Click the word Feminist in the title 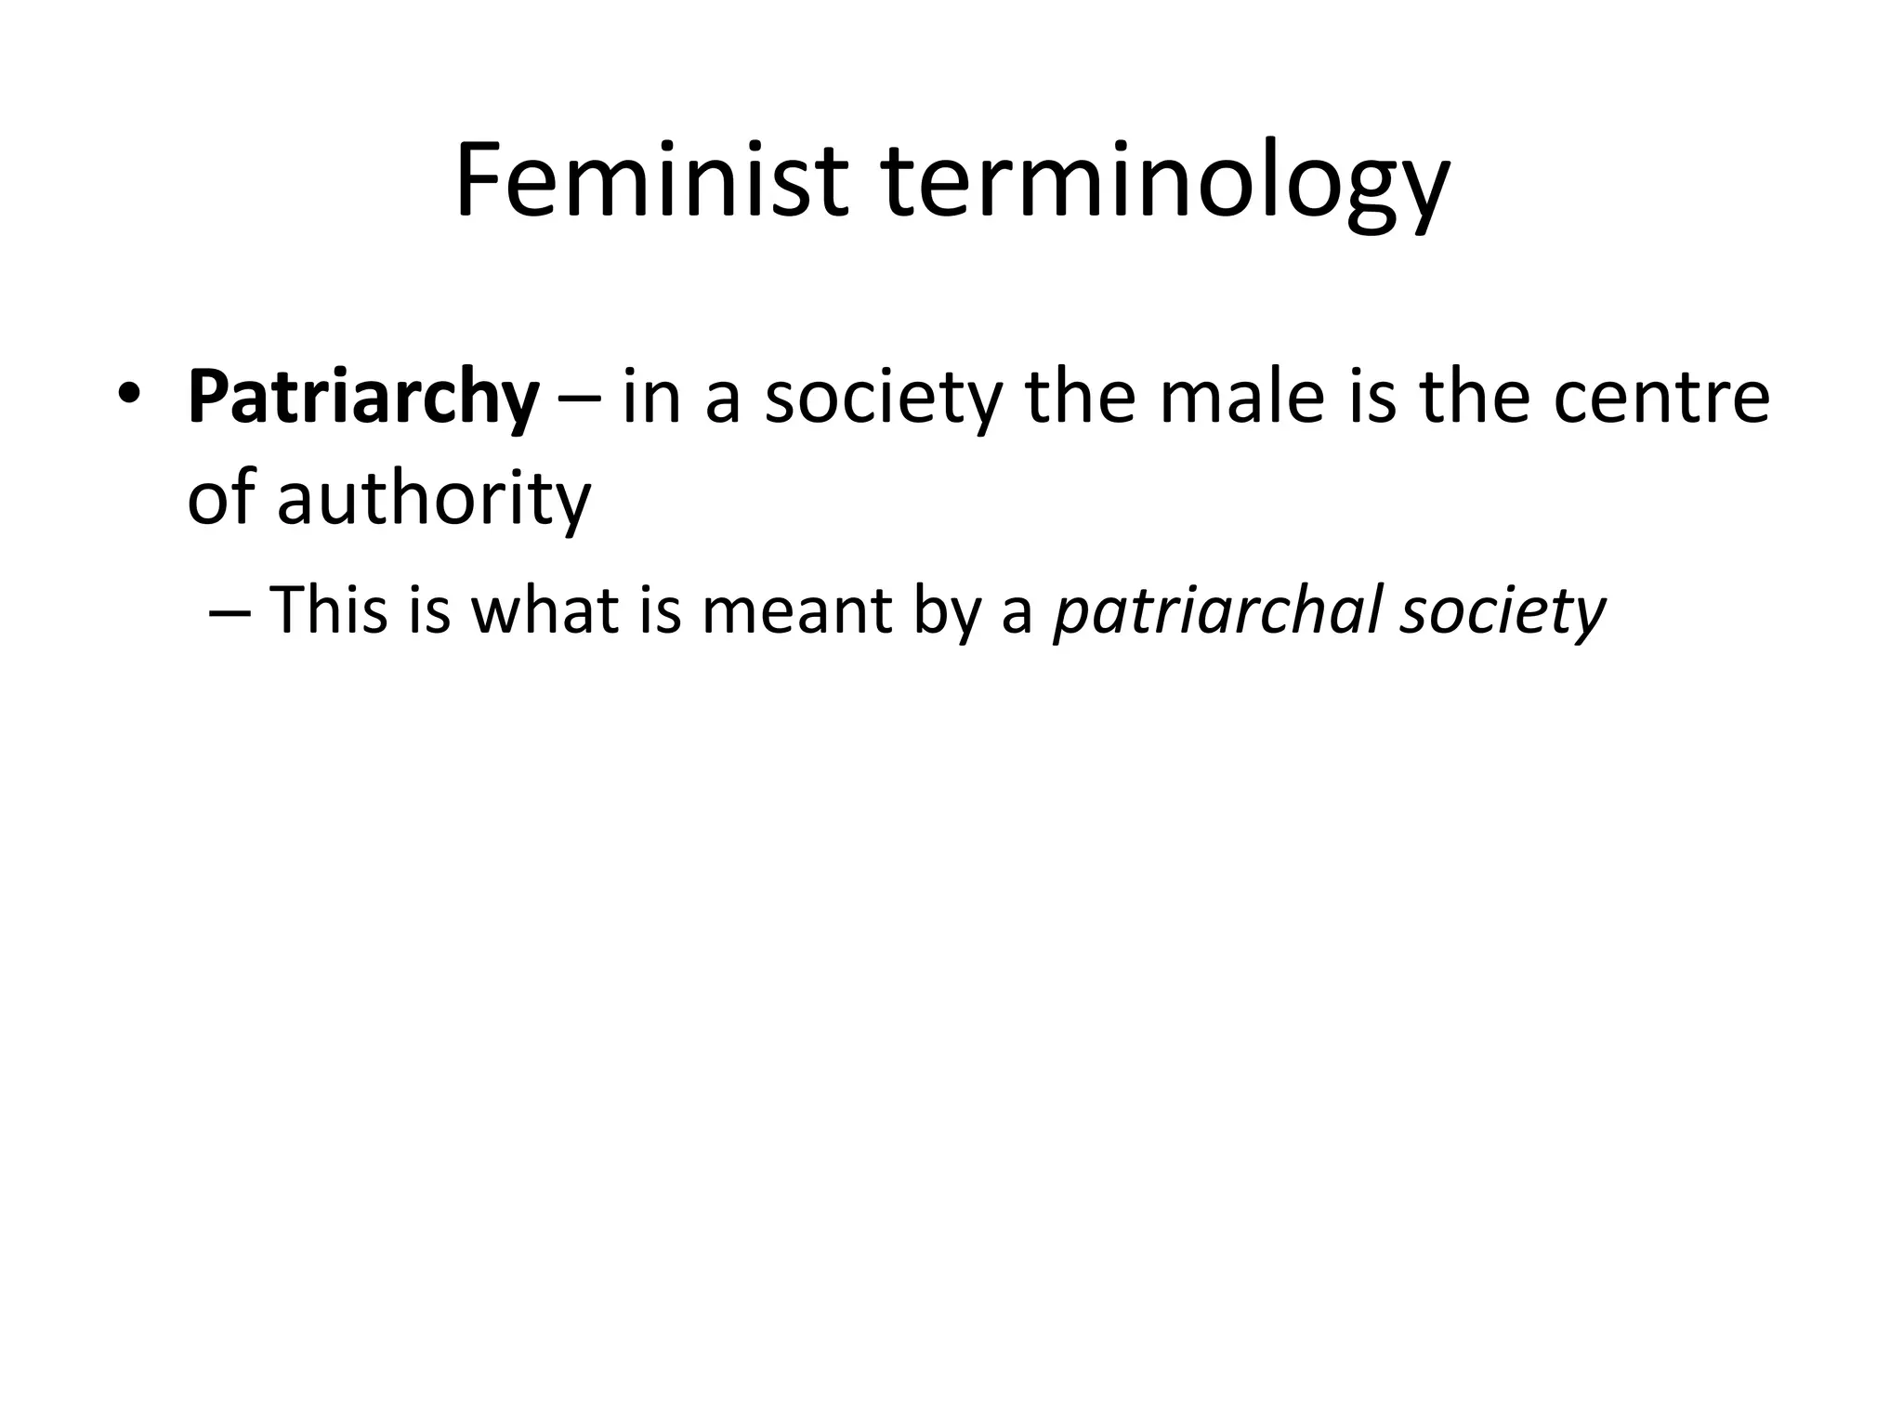click(650, 181)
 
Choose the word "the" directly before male click(1081, 398)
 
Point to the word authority click(434, 500)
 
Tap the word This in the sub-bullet click(328, 610)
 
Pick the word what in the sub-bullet click(545, 610)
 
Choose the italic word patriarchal click(1217, 612)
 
